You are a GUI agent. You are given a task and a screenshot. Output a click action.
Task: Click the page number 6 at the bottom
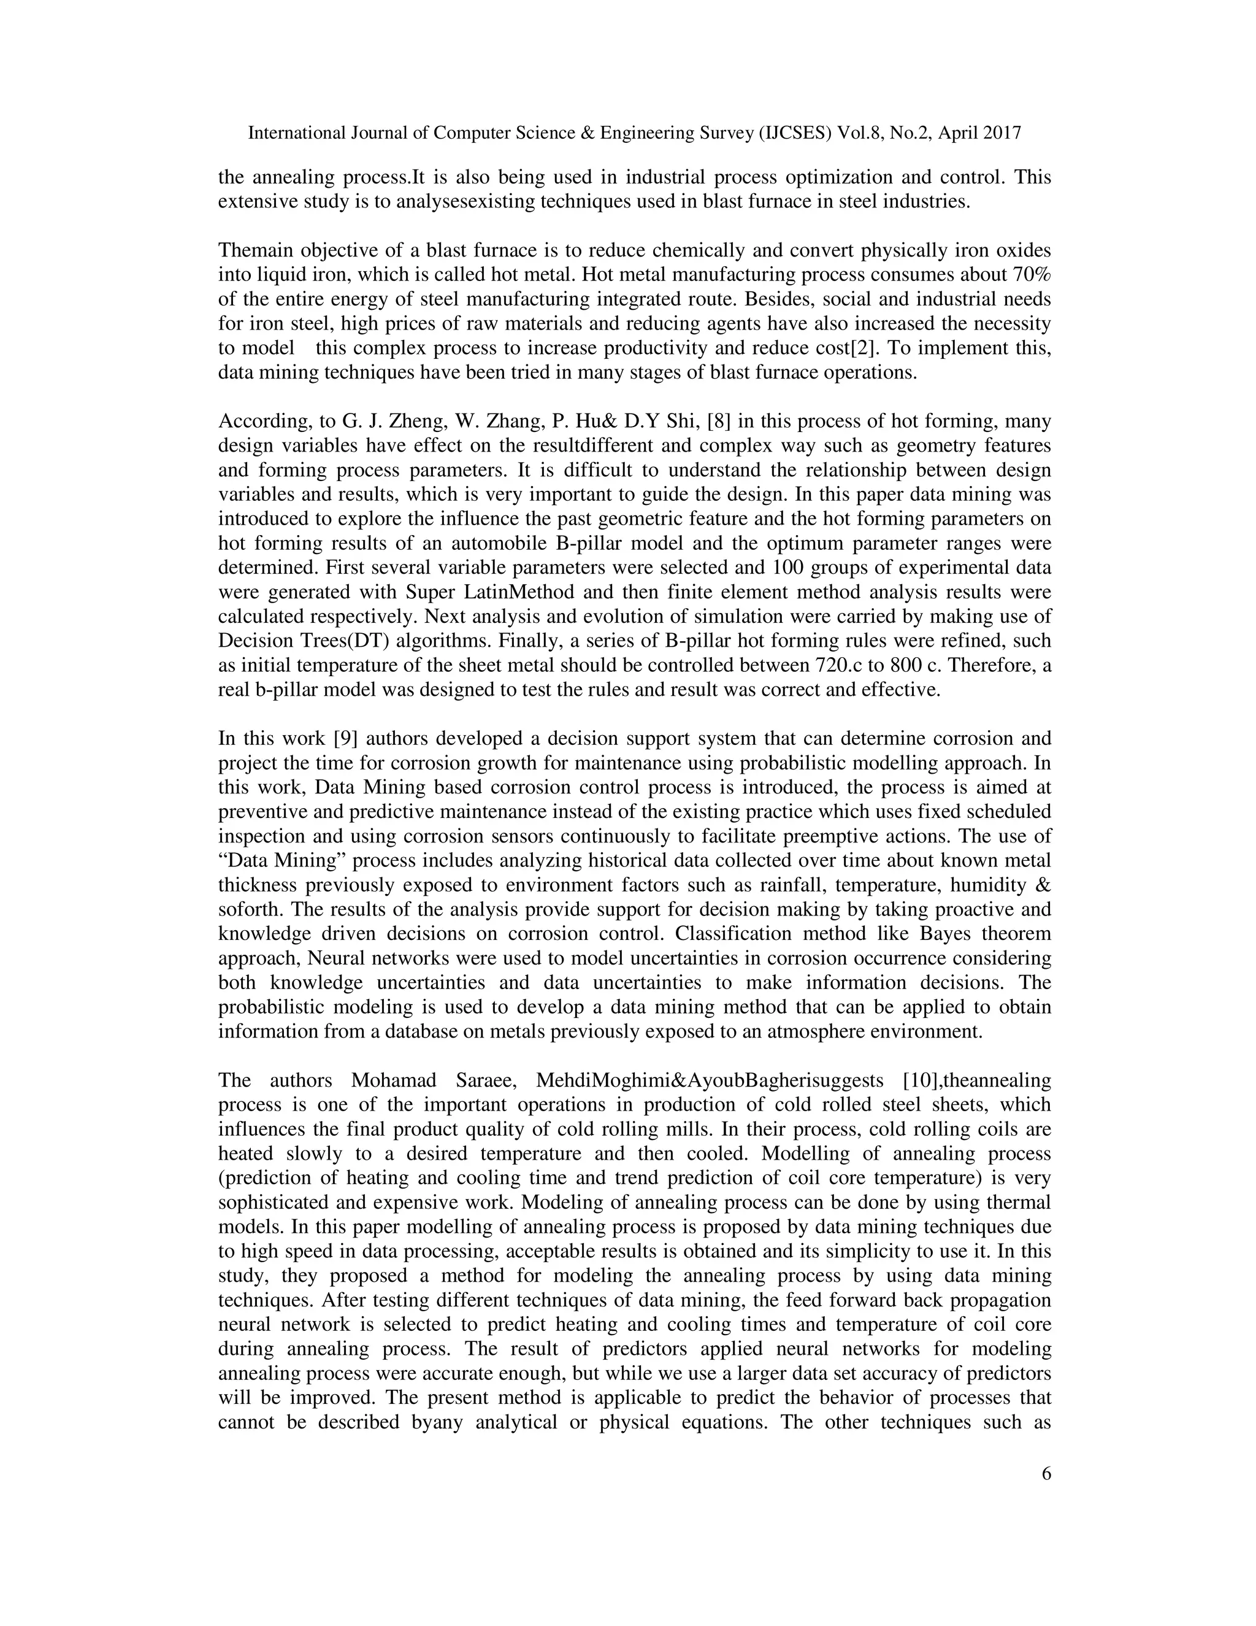click(1046, 1473)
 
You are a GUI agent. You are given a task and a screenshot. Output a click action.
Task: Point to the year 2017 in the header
click(1001, 133)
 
